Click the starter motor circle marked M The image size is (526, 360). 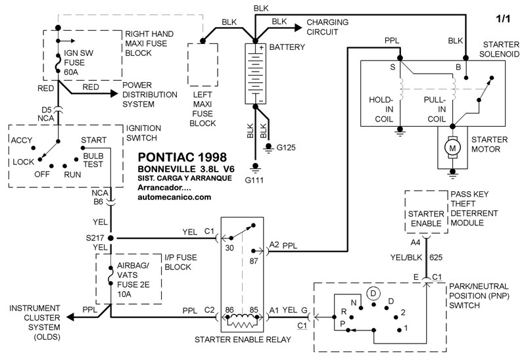coord(452,149)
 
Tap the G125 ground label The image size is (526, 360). coord(286,147)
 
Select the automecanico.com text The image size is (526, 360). coord(174,196)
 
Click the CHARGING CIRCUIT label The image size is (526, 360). coord(327,27)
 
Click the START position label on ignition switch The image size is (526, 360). coord(95,140)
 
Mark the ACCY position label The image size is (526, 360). coord(22,140)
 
